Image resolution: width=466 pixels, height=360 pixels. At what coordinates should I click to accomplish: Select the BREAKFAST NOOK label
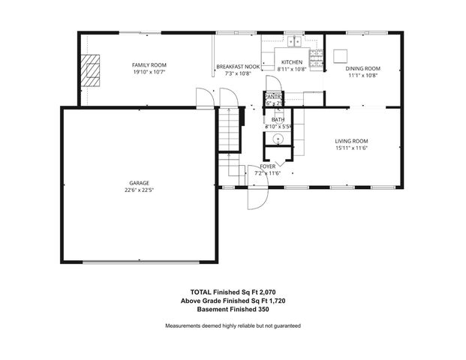point(237,66)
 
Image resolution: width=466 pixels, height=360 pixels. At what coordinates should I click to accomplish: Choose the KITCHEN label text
point(291,61)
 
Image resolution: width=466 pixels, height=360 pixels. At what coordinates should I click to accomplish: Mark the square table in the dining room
point(341,55)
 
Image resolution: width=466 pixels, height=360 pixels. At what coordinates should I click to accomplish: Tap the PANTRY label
point(272,96)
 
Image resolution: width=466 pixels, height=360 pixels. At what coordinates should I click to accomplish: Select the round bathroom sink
point(277,139)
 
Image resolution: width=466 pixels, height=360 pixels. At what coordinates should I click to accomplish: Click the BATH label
point(278,119)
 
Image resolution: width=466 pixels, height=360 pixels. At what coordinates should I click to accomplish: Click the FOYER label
point(267,166)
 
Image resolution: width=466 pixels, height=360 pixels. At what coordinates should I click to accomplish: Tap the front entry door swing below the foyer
point(257,196)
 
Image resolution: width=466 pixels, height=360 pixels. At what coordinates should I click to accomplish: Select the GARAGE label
point(139,183)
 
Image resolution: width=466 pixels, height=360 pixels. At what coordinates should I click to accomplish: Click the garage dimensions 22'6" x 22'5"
point(139,190)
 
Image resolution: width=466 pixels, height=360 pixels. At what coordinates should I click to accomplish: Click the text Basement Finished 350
point(233,309)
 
